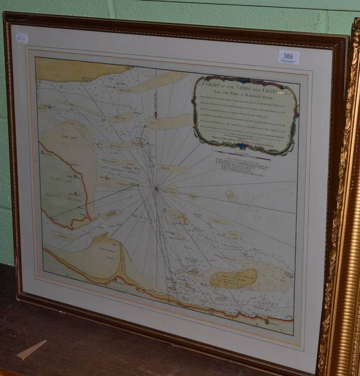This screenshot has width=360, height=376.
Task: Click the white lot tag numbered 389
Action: [x=288, y=57]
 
